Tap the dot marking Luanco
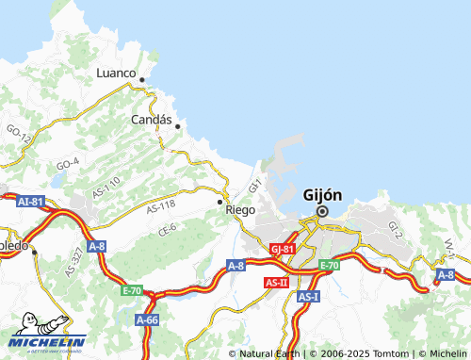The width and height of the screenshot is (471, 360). tap(141, 80)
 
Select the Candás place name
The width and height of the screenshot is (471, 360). tap(152, 121)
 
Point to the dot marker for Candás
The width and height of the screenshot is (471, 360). tap(177, 125)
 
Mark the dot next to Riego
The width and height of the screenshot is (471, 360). tap(220, 202)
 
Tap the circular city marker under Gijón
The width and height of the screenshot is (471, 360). tap(322, 212)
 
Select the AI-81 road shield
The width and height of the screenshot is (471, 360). tap(30, 201)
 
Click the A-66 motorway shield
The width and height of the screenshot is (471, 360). tap(146, 320)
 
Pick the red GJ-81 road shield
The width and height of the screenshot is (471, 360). tap(282, 249)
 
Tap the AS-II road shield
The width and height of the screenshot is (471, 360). tap(276, 282)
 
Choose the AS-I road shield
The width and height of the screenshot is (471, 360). tap(308, 296)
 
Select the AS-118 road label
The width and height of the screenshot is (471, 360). tap(161, 206)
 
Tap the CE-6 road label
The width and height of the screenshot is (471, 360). tap(168, 228)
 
